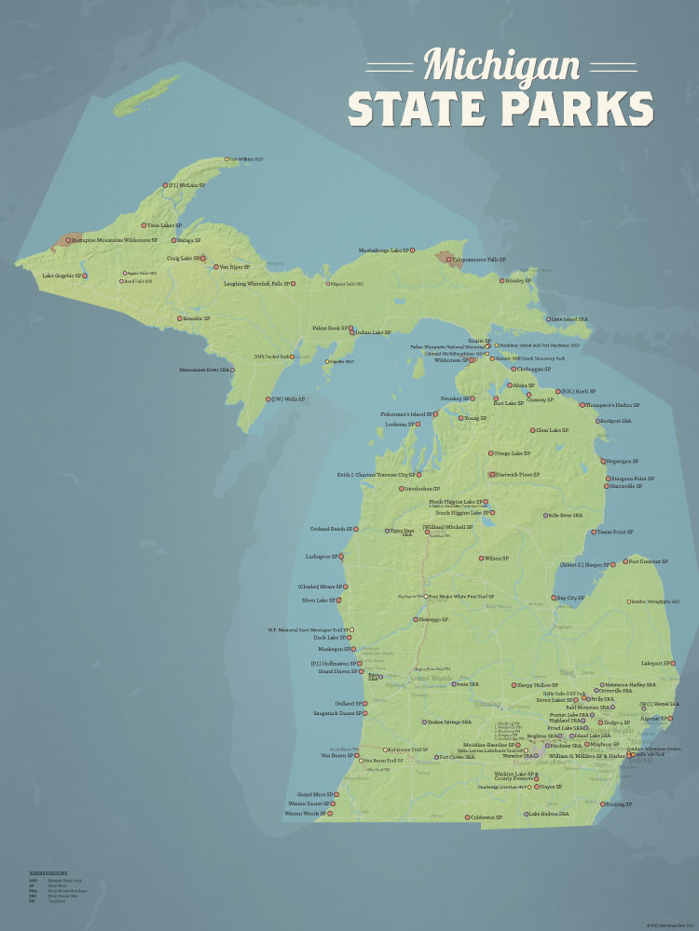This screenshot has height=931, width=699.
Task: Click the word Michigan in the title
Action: point(500,65)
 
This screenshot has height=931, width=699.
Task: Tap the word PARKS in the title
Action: point(579,109)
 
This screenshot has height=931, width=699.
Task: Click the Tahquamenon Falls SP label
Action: point(479,260)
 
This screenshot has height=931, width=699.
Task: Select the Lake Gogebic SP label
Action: point(62,276)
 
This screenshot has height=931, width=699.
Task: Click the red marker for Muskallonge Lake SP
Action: point(412,250)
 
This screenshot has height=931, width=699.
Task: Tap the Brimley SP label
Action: point(518,280)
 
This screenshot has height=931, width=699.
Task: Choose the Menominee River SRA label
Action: point(204,370)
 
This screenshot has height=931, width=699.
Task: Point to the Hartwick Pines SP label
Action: point(518,475)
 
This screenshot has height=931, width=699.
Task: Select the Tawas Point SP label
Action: point(615,533)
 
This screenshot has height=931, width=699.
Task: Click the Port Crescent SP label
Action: point(648,561)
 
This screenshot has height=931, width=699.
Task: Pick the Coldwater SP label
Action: point(487,817)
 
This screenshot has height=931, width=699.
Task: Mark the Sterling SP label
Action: point(618,804)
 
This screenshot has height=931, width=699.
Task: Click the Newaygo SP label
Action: point(435,619)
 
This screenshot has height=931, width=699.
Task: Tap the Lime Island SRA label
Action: point(570,319)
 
